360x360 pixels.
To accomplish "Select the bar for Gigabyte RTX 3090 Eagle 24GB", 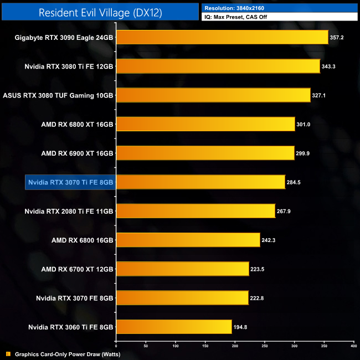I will point(222,38).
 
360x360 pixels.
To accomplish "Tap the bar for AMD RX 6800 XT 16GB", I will point(205,124).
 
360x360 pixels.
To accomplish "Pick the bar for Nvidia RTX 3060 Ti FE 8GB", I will point(173,327).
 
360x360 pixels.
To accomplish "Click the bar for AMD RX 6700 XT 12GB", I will point(182,269).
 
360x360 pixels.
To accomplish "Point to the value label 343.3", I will point(331,66).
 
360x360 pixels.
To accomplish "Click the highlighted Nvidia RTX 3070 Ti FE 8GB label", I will point(70,182).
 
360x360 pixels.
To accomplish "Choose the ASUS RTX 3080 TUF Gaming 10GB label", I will point(58,95).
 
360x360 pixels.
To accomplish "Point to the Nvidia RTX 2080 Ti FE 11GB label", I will point(69,211).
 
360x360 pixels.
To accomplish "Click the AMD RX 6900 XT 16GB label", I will point(78,153).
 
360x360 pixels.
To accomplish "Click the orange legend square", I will point(8,354).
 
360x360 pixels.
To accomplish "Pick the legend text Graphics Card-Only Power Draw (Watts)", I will point(68,354).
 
